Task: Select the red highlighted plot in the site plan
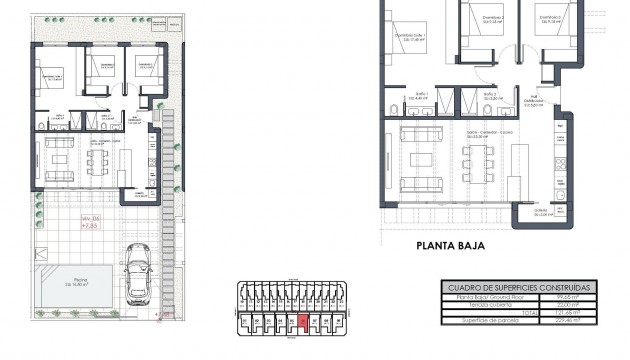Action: click(x=303, y=323)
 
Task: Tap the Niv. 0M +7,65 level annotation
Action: click(x=93, y=224)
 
